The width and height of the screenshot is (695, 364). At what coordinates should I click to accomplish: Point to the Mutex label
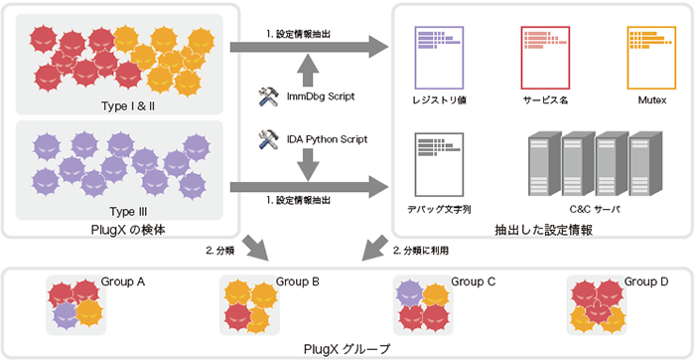[x=650, y=101]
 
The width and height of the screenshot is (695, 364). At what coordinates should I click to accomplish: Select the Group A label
[x=123, y=282]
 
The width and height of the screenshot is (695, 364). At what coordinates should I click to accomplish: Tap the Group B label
[x=297, y=282]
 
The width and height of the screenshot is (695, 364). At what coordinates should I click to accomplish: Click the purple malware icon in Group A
[x=66, y=314]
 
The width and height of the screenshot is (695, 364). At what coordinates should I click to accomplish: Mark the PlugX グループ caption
[x=347, y=349]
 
